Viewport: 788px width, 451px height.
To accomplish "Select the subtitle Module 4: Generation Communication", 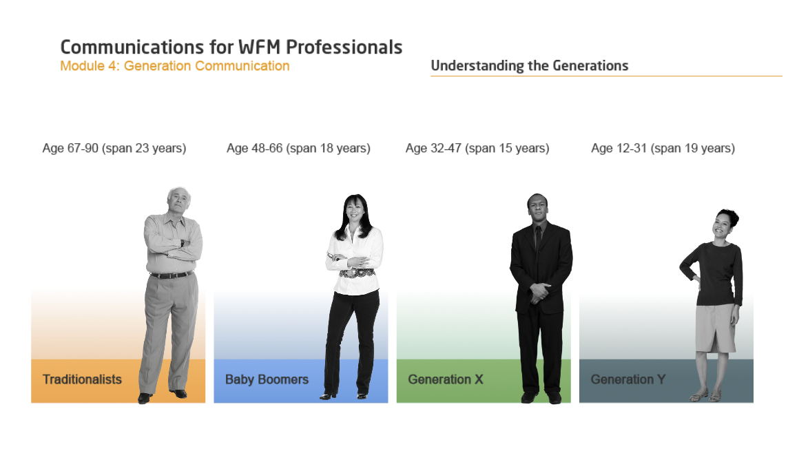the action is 175,66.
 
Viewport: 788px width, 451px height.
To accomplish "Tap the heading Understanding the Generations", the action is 530,66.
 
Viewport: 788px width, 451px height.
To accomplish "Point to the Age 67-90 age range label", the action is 114,148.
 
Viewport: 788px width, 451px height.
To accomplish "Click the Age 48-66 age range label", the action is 298,148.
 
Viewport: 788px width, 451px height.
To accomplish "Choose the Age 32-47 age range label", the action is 477,148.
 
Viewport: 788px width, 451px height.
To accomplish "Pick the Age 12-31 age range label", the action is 663,148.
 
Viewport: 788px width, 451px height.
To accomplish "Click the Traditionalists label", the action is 82,379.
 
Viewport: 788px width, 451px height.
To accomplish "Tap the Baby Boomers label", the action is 267,379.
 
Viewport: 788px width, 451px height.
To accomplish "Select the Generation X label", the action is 445,379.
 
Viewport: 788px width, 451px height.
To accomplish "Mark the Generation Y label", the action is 628,379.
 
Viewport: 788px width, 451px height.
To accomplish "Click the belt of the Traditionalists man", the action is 172,275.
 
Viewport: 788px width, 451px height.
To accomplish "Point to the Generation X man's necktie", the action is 538,238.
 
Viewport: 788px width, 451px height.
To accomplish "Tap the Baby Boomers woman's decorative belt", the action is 357,273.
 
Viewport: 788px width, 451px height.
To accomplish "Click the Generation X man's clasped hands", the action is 539,291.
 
